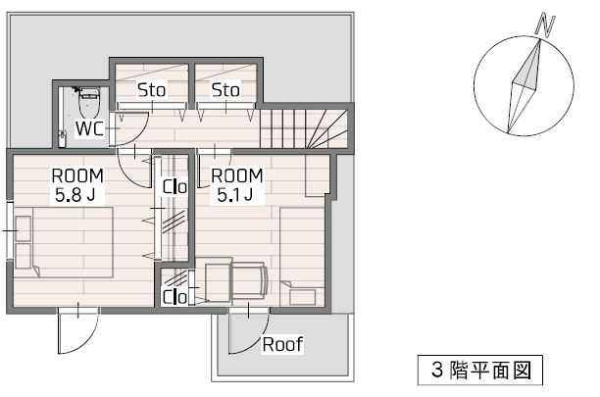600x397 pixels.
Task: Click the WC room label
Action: tap(89, 128)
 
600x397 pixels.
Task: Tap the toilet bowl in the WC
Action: tap(89, 102)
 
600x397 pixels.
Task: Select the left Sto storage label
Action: tap(152, 90)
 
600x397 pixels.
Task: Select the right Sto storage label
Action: tap(225, 90)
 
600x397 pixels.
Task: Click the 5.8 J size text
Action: tap(75, 195)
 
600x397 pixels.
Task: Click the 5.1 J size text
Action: tap(235, 195)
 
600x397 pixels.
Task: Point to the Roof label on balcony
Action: tap(282, 344)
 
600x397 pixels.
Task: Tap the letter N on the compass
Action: tap(545, 25)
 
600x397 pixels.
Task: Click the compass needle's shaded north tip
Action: tap(530, 65)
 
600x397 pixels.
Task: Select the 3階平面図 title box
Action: tap(479, 370)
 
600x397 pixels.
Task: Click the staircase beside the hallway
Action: tap(304, 128)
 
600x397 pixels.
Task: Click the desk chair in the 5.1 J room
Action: tap(249, 280)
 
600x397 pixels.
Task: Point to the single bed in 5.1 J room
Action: tap(302, 257)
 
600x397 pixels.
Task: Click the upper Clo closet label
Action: tap(175, 187)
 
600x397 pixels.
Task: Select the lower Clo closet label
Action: tap(175, 297)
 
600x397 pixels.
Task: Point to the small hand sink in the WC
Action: tap(63, 139)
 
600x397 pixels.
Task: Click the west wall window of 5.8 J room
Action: tap(10, 230)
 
